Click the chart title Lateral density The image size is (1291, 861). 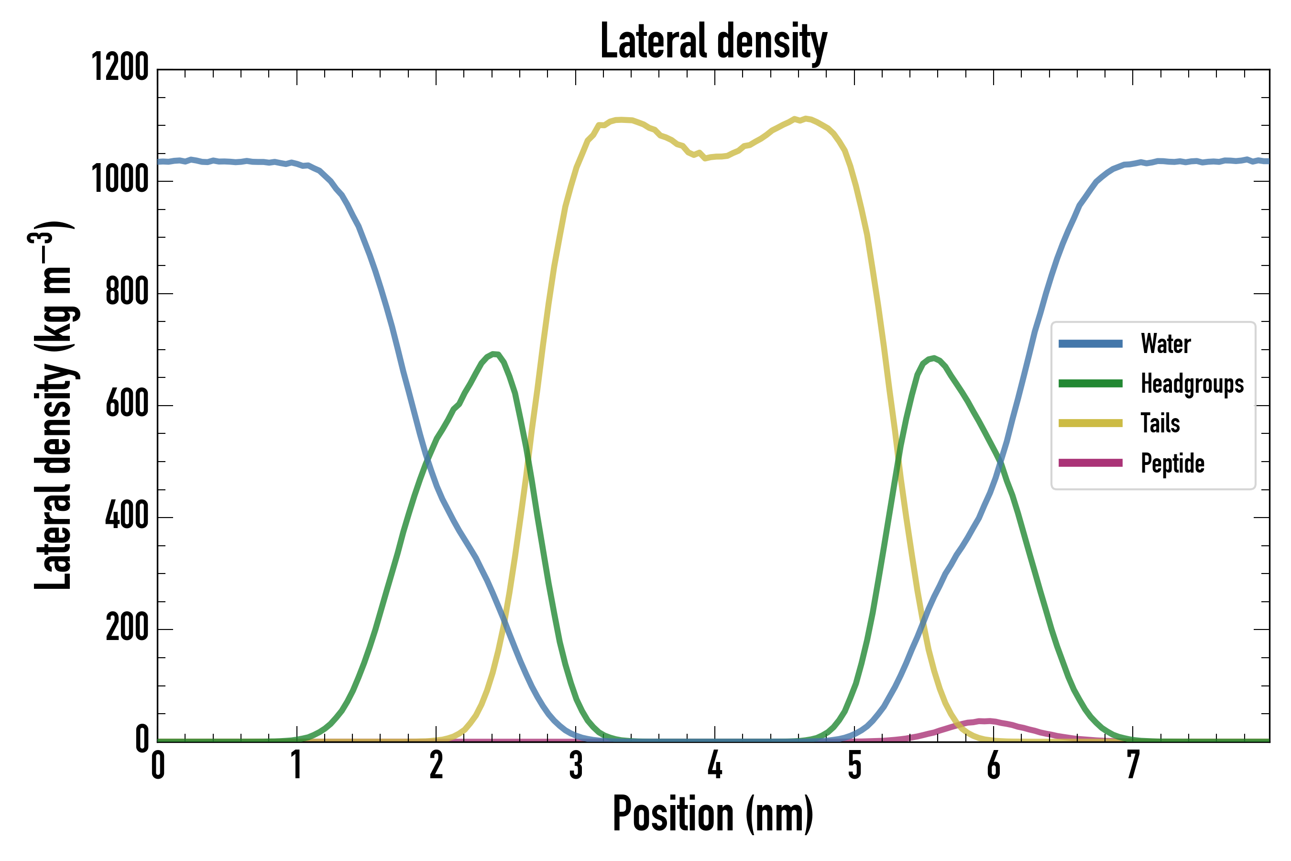pos(713,42)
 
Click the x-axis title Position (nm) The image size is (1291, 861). pos(712,814)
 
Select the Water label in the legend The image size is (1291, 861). pos(1166,344)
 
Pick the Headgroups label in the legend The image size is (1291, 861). pos(1192,384)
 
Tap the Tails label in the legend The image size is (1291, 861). pos(1160,423)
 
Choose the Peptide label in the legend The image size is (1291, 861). pos(1172,464)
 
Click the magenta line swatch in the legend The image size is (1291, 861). pos(1091,463)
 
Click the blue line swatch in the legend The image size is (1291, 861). pos(1091,344)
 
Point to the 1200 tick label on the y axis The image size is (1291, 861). pos(120,68)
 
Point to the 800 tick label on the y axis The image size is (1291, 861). pos(127,292)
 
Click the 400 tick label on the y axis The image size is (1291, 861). pos(127,516)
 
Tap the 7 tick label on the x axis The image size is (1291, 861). pos(1133,765)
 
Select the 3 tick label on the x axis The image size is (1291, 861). pos(576,765)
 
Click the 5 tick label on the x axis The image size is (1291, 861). pos(854,765)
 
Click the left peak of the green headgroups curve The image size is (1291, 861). pos(494,353)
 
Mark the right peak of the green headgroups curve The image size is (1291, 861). pos(934,358)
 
